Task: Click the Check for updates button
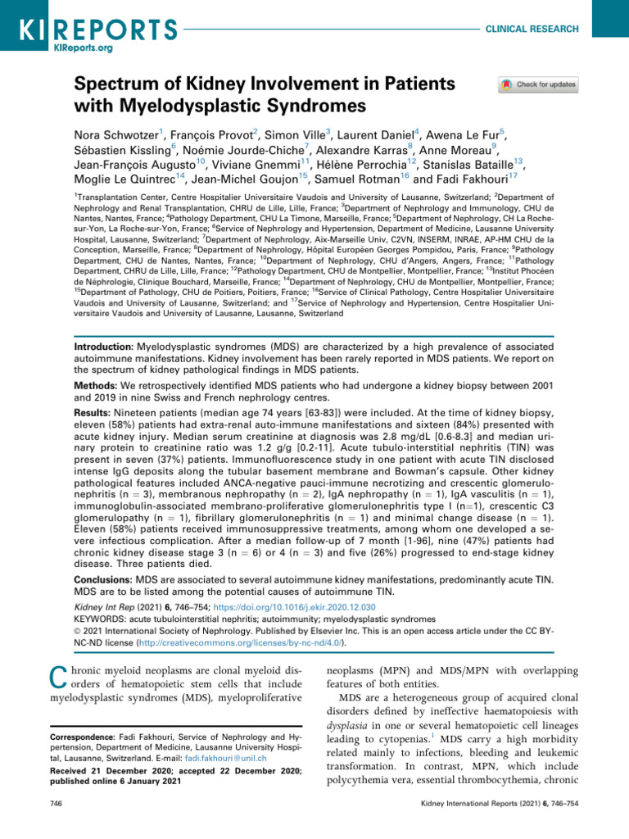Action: (538, 84)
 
